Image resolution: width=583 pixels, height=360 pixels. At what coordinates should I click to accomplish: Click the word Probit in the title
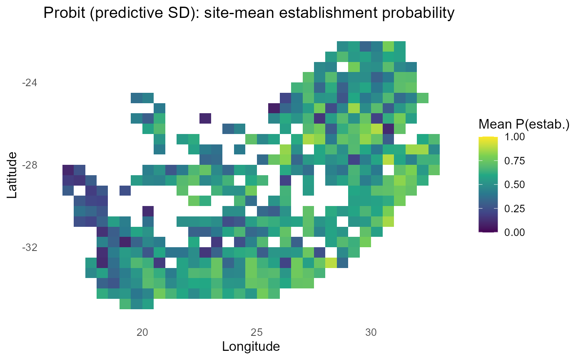click(64, 14)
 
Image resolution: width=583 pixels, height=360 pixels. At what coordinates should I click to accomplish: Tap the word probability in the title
click(420, 14)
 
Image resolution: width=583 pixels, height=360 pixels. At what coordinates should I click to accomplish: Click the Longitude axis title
click(250, 346)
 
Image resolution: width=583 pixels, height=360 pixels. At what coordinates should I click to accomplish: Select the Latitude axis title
click(12, 175)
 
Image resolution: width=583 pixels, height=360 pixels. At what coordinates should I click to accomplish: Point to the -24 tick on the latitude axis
click(29, 83)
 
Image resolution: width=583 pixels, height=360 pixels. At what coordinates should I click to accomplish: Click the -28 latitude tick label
click(29, 165)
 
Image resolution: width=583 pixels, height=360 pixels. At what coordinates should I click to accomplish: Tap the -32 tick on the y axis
click(29, 248)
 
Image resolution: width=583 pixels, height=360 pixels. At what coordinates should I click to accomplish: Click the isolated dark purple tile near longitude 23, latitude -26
click(205, 118)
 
